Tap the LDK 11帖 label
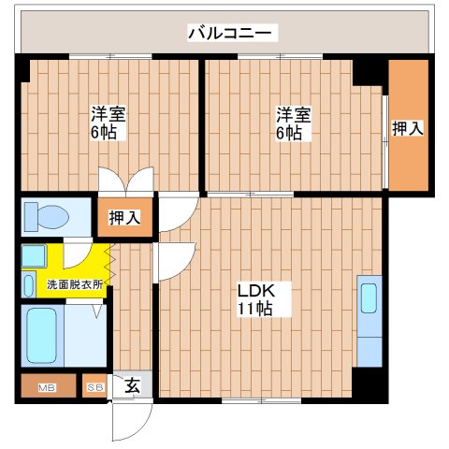pyautogui.click(x=253, y=298)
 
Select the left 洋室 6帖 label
pyautogui.click(x=109, y=123)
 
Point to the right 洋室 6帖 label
pyautogui.click(x=289, y=123)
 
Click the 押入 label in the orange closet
pyautogui.click(x=408, y=128)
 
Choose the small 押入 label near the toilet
pyautogui.click(x=124, y=218)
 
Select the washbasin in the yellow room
pyautogui.click(x=33, y=254)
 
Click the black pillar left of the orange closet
pyautogui.click(x=370, y=72)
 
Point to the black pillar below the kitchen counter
pyautogui.click(x=373, y=384)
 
